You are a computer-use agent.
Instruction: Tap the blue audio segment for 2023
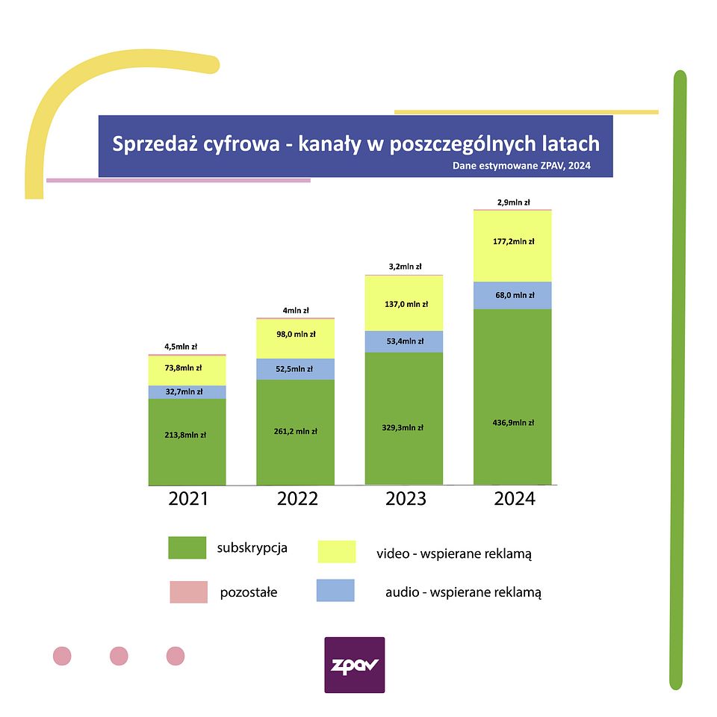pyautogui.click(x=404, y=341)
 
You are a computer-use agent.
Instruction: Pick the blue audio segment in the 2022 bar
pyautogui.click(x=295, y=369)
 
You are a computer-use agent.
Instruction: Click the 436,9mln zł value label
pyautogui.click(x=512, y=423)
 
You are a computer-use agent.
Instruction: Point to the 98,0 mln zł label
pyautogui.click(x=296, y=335)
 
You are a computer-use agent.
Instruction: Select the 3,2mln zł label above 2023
pyautogui.click(x=404, y=267)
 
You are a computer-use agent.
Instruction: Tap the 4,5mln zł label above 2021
pyautogui.click(x=181, y=347)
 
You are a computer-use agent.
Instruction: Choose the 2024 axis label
pyautogui.click(x=515, y=499)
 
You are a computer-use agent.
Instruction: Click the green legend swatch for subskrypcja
pyautogui.click(x=187, y=547)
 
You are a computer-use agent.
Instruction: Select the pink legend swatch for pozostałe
pyautogui.click(x=187, y=592)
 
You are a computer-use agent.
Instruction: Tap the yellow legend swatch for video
pyautogui.click(x=336, y=552)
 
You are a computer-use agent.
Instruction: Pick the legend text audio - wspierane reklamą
pyautogui.click(x=463, y=592)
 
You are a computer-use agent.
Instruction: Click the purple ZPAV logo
pyautogui.click(x=355, y=665)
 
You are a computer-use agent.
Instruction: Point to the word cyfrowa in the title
pyautogui.click(x=243, y=143)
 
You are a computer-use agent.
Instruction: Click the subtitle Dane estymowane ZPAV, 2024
pyautogui.click(x=521, y=166)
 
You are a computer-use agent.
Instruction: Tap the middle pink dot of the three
pyautogui.click(x=119, y=657)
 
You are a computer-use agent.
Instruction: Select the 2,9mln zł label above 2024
pyautogui.click(x=513, y=202)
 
